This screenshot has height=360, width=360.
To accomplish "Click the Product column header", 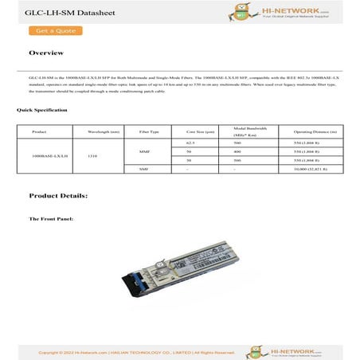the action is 39,131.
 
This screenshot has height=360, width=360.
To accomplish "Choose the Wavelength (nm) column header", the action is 104,131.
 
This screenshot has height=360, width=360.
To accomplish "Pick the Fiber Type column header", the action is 149,131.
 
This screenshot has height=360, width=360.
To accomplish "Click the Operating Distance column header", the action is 315,131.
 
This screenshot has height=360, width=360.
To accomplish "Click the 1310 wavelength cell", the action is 93,156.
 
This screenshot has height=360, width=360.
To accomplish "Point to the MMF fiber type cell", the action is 144,151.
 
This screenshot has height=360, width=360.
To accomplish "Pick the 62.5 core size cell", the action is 190,142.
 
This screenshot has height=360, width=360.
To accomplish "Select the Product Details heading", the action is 58,195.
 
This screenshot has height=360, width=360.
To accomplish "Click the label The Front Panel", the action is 51,217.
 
